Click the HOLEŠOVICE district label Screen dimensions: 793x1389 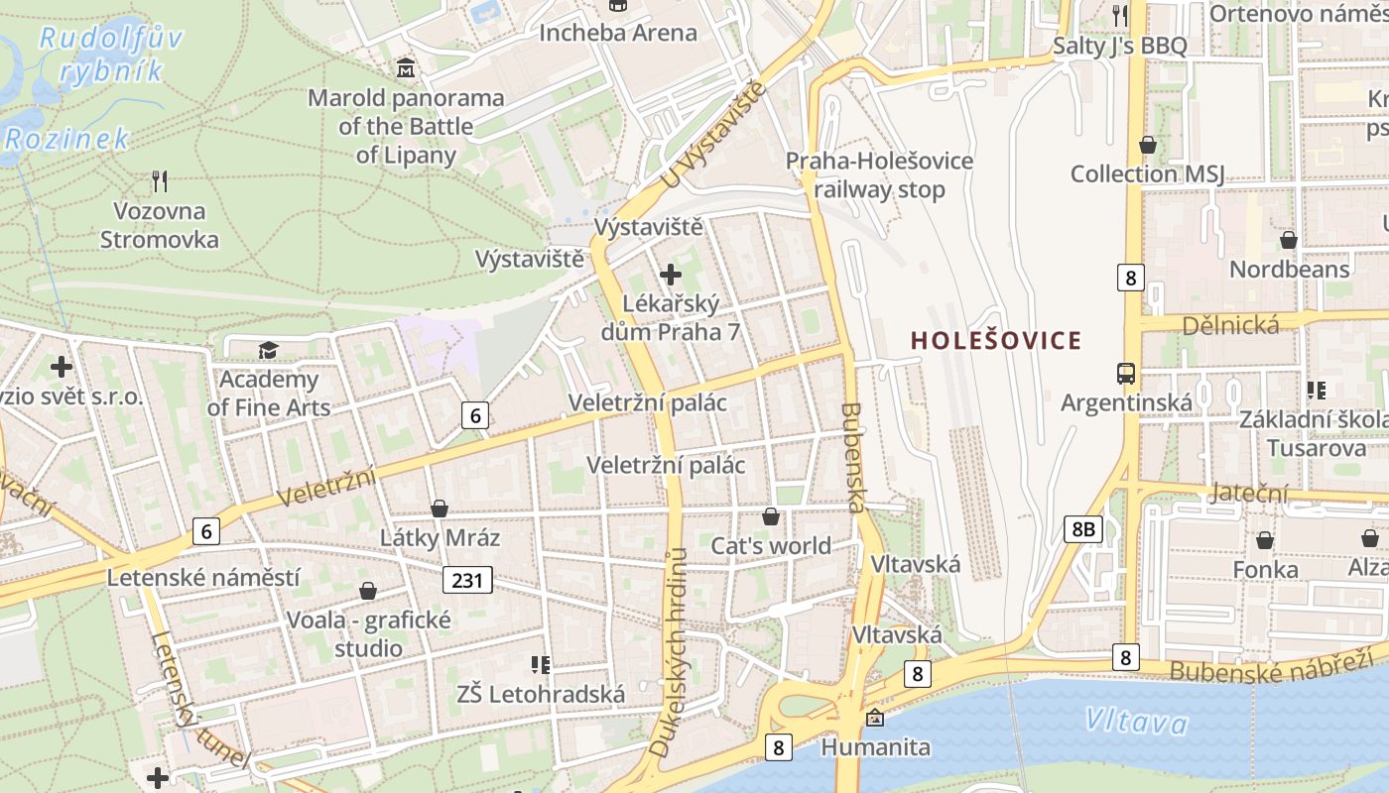996,340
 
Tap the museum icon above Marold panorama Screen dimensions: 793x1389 406,68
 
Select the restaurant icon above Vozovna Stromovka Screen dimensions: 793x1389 159,180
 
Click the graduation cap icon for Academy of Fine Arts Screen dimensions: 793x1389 268,350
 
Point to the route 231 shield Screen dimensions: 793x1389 467,579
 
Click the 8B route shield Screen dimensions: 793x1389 1082,529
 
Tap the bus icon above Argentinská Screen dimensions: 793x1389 1126,374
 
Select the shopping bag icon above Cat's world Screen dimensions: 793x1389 771,516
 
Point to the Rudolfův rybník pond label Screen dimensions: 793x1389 110,55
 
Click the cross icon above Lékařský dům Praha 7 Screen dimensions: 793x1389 671,274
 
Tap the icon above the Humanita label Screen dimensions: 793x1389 874,718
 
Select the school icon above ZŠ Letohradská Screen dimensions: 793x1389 541,664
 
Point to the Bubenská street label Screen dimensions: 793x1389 852,457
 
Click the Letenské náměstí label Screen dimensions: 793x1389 203,577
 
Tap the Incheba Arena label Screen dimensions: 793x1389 618,33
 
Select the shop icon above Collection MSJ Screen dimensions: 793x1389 1148,145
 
